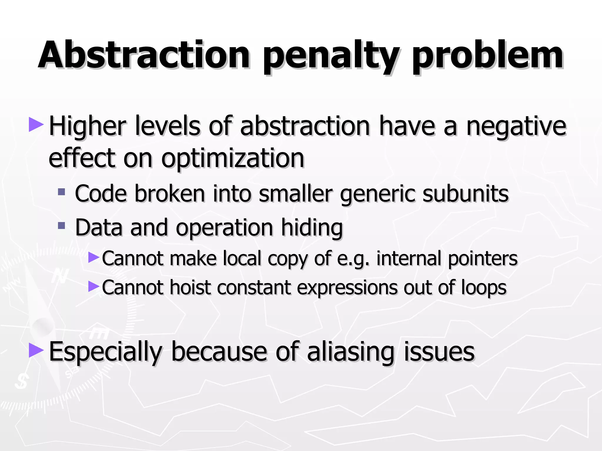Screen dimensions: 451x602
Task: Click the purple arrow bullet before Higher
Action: (36, 124)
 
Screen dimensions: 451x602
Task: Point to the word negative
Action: (516, 127)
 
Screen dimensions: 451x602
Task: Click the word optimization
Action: (233, 159)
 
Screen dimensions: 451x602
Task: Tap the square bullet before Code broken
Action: (61, 192)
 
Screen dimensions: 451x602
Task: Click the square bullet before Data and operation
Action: (61, 226)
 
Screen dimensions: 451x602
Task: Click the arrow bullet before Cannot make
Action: (94, 257)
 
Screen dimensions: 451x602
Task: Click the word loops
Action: (484, 288)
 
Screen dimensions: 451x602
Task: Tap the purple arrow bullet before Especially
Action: (36, 350)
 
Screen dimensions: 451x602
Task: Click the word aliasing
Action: (350, 352)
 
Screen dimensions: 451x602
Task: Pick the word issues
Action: (439, 352)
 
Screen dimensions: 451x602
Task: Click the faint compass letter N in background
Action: (60, 276)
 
